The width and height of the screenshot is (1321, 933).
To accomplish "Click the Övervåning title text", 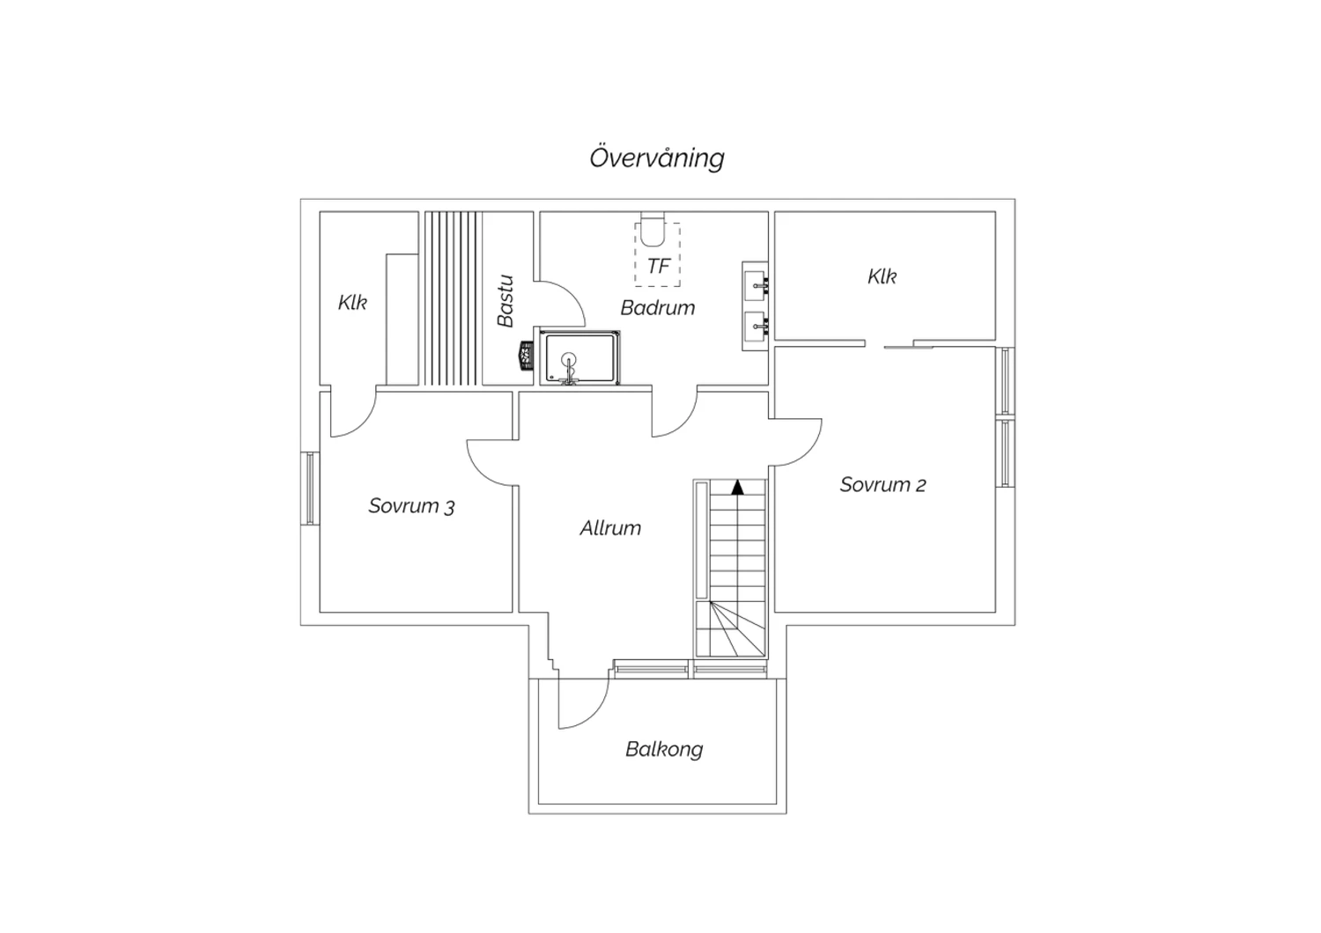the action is point(657,158).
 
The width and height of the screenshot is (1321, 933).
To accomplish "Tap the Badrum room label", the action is point(658,308).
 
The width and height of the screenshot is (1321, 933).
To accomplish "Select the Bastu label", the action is point(506,301).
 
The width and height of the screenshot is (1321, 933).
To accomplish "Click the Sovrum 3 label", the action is point(411,506).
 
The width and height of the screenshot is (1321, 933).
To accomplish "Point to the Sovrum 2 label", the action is point(882,484).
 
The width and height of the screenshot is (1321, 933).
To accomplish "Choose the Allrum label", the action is point(610,528).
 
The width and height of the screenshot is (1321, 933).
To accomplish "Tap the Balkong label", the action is point(664,750).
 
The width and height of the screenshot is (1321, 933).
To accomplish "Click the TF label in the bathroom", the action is point(659,267).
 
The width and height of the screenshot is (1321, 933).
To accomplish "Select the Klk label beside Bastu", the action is point(352,303).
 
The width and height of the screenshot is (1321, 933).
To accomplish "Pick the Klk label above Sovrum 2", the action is point(882,276).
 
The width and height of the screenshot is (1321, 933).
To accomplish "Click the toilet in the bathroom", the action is point(653,230).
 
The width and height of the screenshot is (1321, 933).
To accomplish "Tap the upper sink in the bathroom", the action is point(756,285).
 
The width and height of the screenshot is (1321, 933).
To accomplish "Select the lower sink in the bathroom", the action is point(756,326).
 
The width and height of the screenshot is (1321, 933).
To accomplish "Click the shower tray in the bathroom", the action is point(579,357).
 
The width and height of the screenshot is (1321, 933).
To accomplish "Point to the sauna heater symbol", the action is point(527,356).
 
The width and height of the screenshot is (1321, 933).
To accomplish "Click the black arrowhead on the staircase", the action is point(737,488).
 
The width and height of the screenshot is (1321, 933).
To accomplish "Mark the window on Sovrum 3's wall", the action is point(310,488).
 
